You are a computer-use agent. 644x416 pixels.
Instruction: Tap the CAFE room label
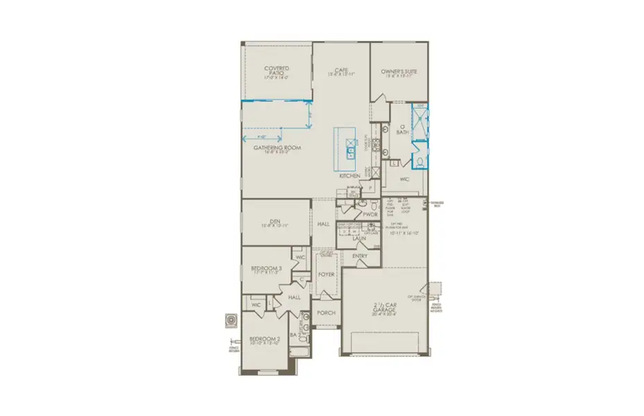click(x=340, y=70)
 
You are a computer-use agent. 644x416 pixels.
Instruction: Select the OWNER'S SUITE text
click(x=397, y=72)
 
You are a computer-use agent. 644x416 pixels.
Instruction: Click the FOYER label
click(x=326, y=275)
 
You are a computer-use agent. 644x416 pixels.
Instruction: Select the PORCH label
click(x=326, y=313)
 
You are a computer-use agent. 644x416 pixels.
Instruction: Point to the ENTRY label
click(x=360, y=257)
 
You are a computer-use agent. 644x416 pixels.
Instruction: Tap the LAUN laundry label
click(x=358, y=239)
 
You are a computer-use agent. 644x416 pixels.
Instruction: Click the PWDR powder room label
click(x=369, y=215)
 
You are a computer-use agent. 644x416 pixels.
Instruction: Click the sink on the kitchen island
click(x=351, y=149)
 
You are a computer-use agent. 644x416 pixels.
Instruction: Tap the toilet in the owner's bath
click(x=420, y=162)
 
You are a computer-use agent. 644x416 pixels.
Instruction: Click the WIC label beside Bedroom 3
click(x=300, y=257)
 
